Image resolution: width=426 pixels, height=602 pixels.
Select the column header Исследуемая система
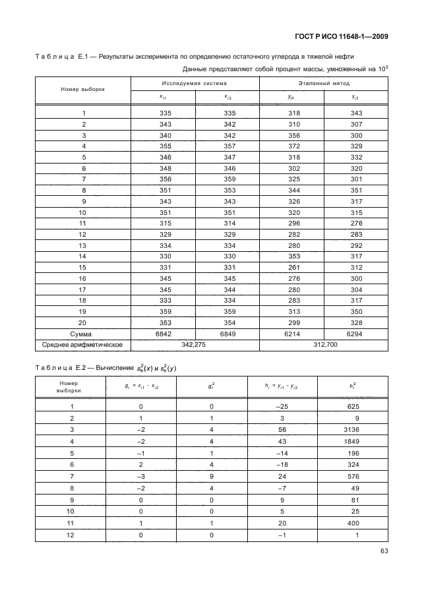pos(195,84)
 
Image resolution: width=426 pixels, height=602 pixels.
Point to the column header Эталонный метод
pos(323,84)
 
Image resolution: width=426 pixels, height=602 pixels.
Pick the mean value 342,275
pos(195,345)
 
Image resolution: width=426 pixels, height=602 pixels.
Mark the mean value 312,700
pos(323,345)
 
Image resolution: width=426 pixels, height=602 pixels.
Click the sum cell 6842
pos(162,334)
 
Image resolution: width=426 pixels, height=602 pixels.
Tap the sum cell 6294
pos(355,334)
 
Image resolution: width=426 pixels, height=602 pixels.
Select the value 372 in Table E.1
pos(291,146)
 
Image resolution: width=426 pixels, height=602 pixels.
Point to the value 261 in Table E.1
pos(291,267)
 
